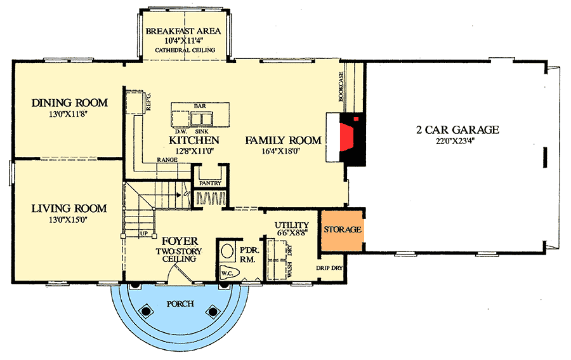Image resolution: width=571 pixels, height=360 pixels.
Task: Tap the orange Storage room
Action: click(x=343, y=229)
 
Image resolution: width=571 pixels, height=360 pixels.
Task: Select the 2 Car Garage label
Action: click(x=457, y=130)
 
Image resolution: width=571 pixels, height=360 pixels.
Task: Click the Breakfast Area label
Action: click(x=183, y=31)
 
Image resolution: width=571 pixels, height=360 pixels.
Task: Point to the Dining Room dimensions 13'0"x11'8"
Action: click(x=70, y=115)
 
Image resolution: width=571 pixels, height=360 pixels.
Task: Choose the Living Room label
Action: click(x=69, y=208)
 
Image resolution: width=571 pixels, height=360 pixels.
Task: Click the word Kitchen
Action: click(x=194, y=140)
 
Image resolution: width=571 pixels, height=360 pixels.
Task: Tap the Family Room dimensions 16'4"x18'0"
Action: click(x=283, y=152)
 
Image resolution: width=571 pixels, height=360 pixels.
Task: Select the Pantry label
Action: click(x=210, y=183)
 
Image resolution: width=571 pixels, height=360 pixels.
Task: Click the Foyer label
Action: click(x=180, y=241)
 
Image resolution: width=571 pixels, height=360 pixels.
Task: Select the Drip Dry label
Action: click(x=329, y=268)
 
